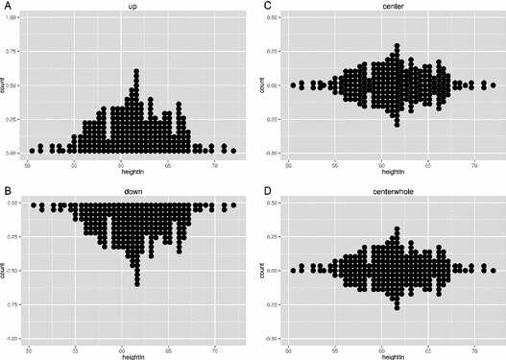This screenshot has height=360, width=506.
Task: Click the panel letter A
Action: (x=5, y=5)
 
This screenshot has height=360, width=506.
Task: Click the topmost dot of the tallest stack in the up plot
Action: (x=137, y=71)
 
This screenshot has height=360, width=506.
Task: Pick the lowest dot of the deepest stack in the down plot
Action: (x=137, y=283)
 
